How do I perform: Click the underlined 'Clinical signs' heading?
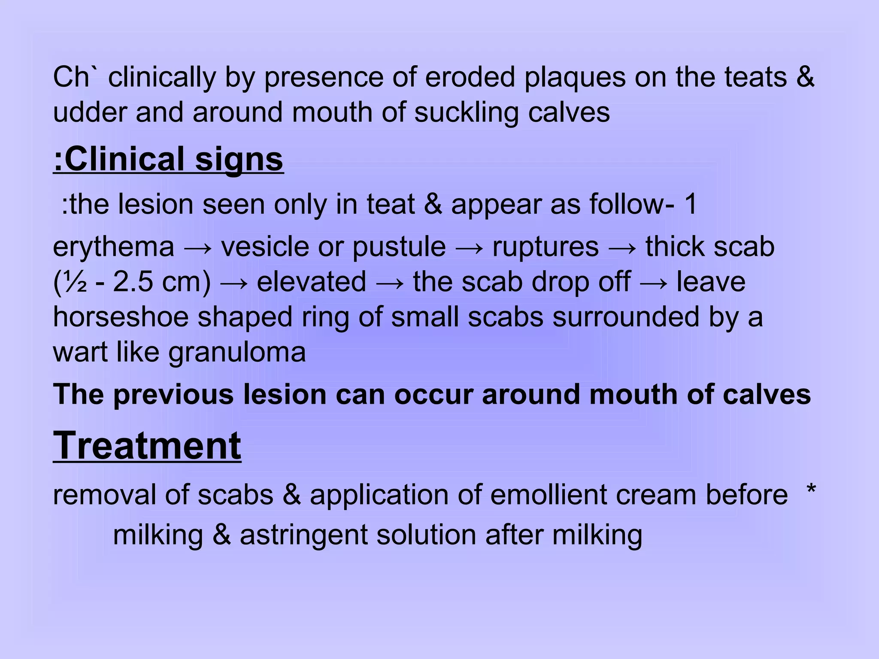168,159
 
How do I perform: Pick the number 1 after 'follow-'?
690,204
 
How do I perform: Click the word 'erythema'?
114,248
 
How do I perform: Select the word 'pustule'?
399,248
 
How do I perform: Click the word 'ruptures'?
546,248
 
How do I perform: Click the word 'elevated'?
312,282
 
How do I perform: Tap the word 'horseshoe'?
121,317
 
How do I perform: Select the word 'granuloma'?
237,353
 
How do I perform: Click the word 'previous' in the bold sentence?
173,394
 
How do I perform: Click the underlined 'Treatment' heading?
147,446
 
